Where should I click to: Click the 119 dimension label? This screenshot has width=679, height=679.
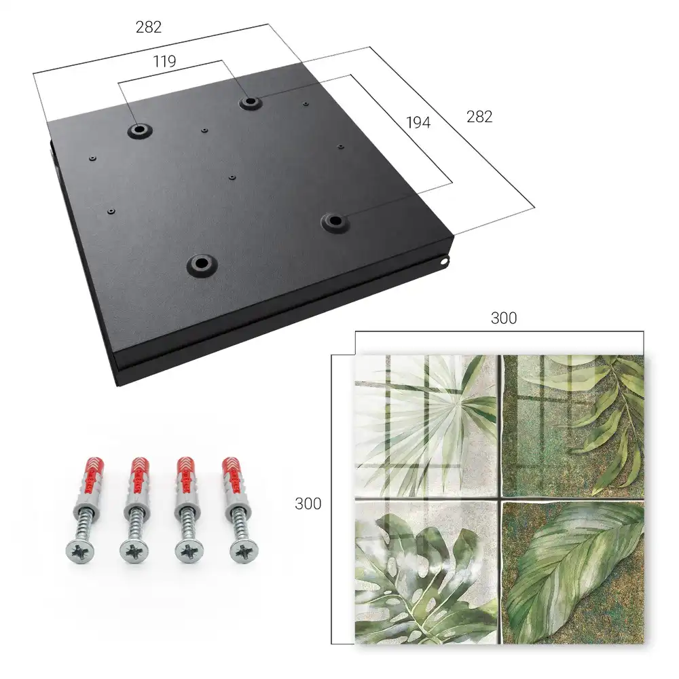164,62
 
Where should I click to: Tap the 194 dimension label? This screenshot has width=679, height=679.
418,123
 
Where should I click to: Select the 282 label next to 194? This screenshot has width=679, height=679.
479,117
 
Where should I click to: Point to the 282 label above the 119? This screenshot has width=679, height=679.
149,27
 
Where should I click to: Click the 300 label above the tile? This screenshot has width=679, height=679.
504,318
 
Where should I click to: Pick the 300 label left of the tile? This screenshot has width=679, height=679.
308,504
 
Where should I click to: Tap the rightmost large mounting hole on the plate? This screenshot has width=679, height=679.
335,221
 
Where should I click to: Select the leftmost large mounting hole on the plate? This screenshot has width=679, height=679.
140,130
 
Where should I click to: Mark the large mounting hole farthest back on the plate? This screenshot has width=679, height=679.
250,103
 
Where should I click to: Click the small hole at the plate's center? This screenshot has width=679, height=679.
232,177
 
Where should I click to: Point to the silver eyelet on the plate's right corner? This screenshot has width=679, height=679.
444,261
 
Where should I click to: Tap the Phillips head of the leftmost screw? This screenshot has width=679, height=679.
80,551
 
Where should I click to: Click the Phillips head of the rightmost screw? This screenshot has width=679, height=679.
243,551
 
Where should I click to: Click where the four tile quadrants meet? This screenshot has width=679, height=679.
500,499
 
